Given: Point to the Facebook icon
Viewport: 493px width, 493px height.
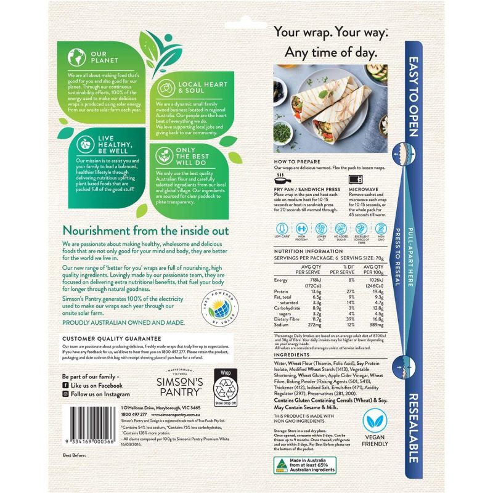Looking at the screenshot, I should click(x=65, y=385).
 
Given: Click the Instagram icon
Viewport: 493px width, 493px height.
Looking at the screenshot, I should click(x=65, y=394).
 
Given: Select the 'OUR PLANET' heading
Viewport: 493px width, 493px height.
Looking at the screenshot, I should click(x=102, y=57).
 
